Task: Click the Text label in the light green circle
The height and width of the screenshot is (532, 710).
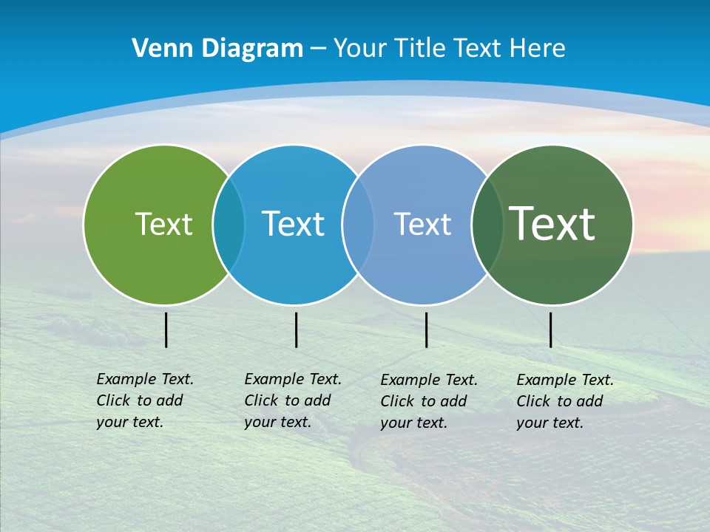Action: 163,224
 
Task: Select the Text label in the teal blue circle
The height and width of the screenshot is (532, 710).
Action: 293,224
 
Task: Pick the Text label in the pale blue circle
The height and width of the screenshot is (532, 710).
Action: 422,224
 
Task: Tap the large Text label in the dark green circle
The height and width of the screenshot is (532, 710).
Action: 552,224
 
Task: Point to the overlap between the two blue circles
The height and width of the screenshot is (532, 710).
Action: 358,224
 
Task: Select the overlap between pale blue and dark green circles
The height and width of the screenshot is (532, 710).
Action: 487,224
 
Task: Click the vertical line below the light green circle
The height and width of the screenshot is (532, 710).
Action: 166,330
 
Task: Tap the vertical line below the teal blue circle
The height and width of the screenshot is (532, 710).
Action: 296,330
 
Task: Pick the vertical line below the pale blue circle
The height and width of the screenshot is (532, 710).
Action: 427,330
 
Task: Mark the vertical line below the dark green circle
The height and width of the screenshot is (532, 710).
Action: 551,330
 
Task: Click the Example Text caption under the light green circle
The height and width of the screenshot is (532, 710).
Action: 144,400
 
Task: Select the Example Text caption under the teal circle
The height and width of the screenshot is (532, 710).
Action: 292,400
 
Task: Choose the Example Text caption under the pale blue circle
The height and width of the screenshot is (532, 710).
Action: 428,401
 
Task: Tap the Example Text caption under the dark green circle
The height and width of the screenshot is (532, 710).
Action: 564,401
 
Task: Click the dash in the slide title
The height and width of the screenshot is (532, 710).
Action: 318,50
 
